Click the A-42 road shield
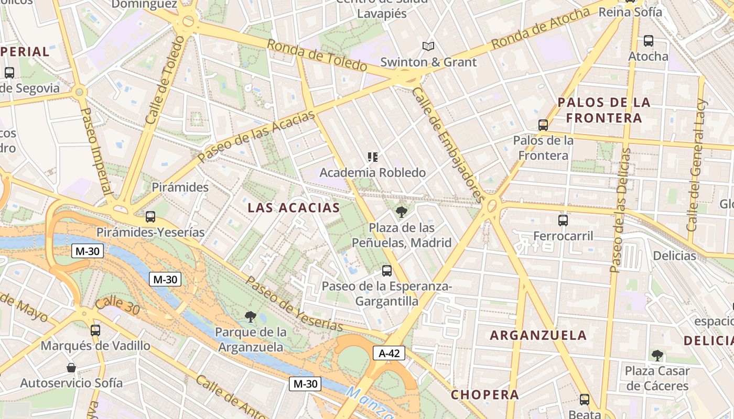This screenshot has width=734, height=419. [x=389, y=354]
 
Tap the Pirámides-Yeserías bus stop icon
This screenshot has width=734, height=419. [x=150, y=216]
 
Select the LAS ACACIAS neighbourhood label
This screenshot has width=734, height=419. [x=294, y=208]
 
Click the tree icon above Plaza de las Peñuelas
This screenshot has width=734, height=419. [x=402, y=212]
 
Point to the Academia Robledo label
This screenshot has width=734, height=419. [x=373, y=172]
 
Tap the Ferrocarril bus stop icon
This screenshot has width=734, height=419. [x=563, y=220]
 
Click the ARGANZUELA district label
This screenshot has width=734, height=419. [x=538, y=335]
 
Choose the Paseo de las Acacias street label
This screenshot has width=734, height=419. [x=257, y=136]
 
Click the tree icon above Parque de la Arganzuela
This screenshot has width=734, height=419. [x=251, y=316]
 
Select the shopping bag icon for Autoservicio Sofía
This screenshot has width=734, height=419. [x=71, y=368]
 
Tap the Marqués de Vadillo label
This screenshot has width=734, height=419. [x=95, y=346]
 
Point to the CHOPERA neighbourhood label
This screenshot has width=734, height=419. [x=485, y=395]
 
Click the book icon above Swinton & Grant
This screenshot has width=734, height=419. [x=428, y=46]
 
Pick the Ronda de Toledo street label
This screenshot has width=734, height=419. [x=317, y=55]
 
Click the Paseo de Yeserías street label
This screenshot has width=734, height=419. [x=294, y=304]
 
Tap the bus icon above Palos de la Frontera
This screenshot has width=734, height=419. [x=543, y=125]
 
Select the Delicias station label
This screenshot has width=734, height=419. [x=674, y=256]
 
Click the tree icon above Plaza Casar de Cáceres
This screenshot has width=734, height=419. [x=657, y=356]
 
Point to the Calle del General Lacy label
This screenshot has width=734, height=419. [x=697, y=165]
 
